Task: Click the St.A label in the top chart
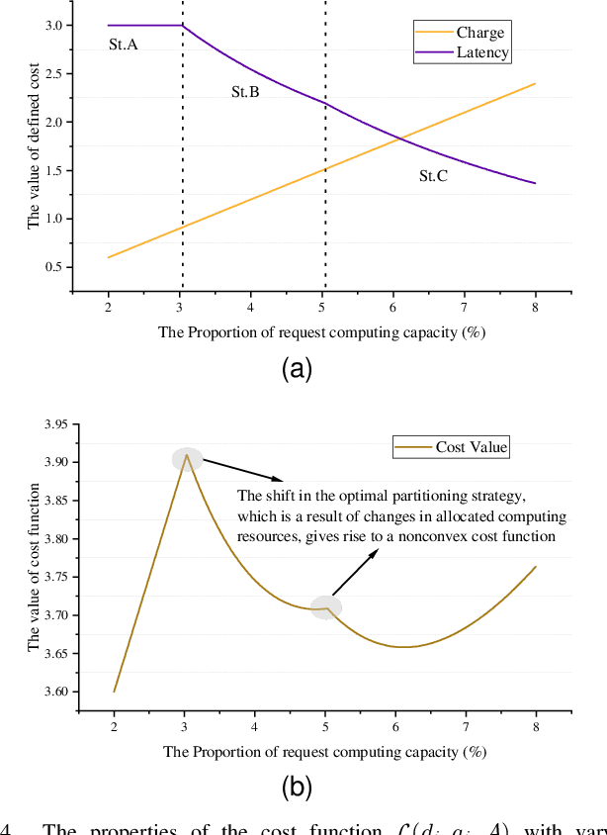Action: [123, 45]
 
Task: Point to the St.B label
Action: [245, 92]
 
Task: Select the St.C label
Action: [434, 176]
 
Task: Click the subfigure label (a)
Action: [297, 369]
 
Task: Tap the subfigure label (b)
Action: [297, 788]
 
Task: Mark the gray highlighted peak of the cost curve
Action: [187, 459]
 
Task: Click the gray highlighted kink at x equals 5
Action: [326, 607]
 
